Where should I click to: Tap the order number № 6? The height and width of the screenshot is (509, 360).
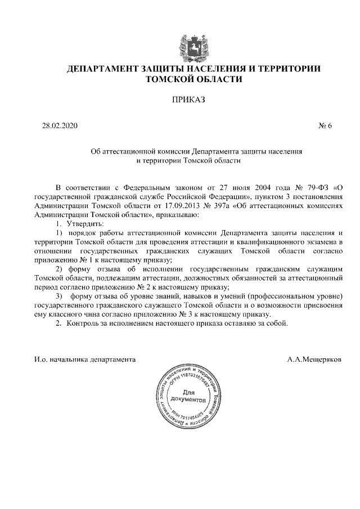pyautogui.click(x=326, y=125)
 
